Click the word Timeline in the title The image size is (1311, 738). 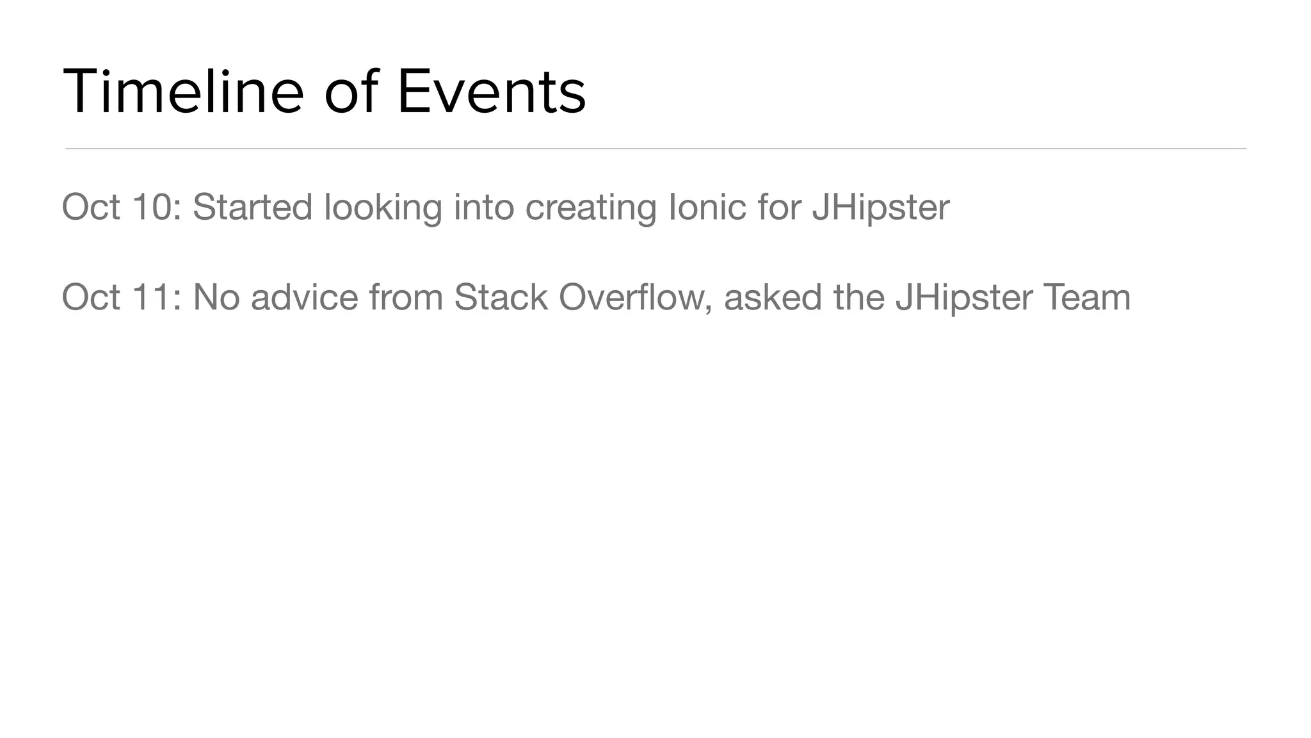pyautogui.click(x=183, y=92)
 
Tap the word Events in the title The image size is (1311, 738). pyautogui.click(x=491, y=92)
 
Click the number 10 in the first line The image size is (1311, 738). pyautogui.click(x=153, y=207)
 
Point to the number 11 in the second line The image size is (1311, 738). pyautogui.click(x=153, y=297)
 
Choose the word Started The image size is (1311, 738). pyautogui.click(x=252, y=207)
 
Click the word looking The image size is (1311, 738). pyautogui.click(x=383, y=208)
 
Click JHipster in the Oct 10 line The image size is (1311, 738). pyautogui.click(x=880, y=208)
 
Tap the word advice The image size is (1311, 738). pyautogui.click(x=304, y=297)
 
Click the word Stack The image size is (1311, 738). pyautogui.click(x=501, y=297)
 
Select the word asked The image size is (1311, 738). pyautogui.click(x=773, y=297)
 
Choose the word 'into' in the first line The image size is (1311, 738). pyautogui.click(x=484, y=207)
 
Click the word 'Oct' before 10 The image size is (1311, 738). pyautogui.click(x=91, y=207)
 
